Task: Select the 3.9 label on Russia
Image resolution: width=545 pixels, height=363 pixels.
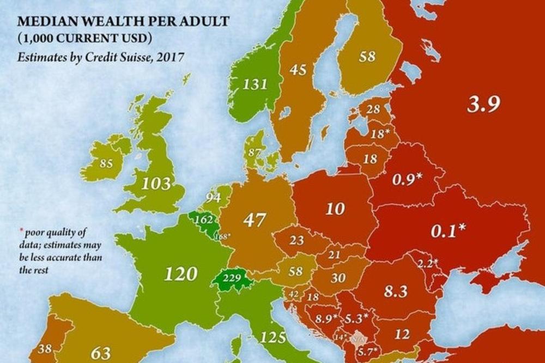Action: [483, 104]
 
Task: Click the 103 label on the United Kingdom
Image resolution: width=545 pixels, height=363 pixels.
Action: [156, 183]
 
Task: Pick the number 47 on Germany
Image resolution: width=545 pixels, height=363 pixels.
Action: [254, 220]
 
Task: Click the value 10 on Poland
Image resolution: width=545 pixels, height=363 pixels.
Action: [335, 208]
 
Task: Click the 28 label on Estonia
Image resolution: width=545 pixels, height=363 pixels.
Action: [373, 110]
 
